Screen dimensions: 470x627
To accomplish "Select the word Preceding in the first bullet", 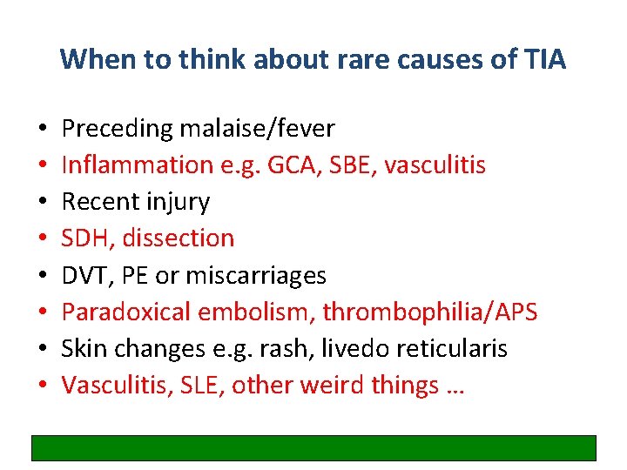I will point(118,129).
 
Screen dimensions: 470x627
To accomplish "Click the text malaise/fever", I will point(257,129).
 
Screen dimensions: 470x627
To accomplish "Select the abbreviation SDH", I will point(82,238).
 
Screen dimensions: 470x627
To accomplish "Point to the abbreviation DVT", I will point(82,276).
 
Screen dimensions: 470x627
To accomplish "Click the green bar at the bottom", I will point(313,447).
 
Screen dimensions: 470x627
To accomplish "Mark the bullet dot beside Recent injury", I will point(43,203).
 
